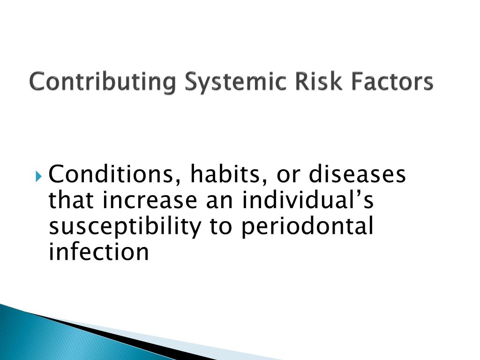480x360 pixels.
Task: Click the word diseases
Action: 358,176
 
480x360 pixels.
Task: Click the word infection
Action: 99,253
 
